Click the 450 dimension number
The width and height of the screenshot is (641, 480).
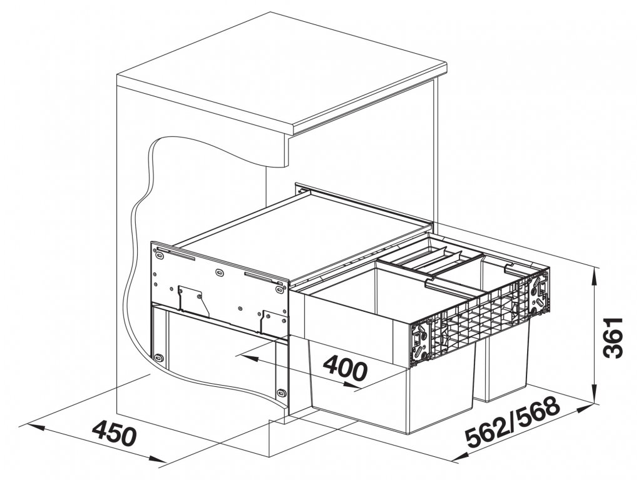(114, 433)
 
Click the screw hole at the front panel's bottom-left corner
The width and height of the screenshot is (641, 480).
(158, 358)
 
